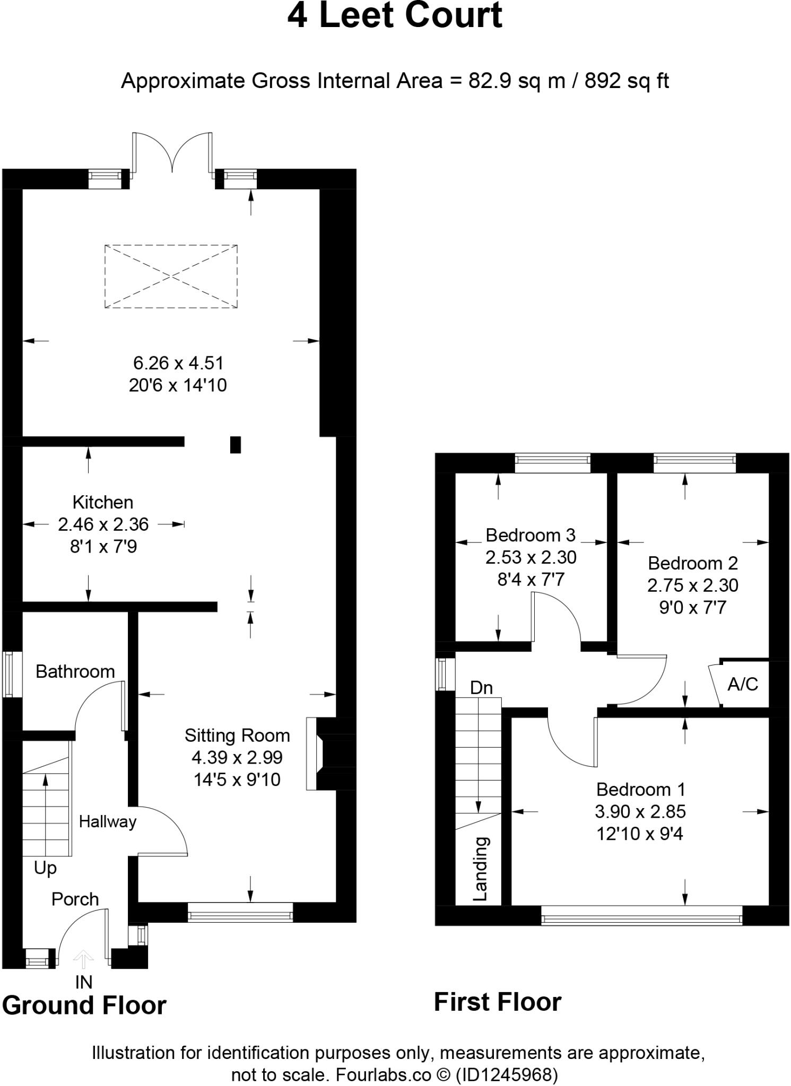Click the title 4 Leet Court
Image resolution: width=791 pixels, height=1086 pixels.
click(395, 16)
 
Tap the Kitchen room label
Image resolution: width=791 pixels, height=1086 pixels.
click(102, 502)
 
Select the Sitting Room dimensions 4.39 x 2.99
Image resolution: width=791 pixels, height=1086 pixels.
click(237, 757)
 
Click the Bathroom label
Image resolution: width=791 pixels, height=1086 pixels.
click(75, 671)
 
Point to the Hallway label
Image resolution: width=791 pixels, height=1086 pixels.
click(108, 821)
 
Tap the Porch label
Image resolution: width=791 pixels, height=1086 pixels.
click(75, 899)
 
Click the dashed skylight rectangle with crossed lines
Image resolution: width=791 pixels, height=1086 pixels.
click(171, 276)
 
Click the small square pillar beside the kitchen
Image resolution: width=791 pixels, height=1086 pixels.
click(235, 444)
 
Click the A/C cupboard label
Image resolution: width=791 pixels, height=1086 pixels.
click(742, 684)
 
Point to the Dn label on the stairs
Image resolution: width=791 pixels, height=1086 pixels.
click(481, 688)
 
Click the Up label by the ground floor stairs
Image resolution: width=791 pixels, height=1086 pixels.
click(45, 868)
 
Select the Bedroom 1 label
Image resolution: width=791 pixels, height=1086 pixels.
click(640, 789)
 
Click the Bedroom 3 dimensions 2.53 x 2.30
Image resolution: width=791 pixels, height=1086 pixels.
click(531, 557)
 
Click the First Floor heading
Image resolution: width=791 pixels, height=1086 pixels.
click(497, 1002)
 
